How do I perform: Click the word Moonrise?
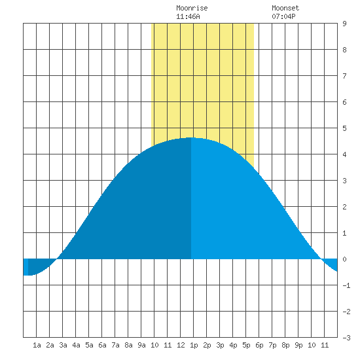(x=192, y=8)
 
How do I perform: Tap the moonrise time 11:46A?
(x=188, y=16)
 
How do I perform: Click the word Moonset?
(x=285, y=8)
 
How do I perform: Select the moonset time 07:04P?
(x=283, y=16)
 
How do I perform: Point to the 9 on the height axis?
(x=344, y=24)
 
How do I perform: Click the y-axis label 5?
(x=344, y=128)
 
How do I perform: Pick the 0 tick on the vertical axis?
(x=344, y=259)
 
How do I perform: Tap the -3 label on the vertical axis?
(x=346, y=338)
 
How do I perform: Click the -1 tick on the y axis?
(x=346, y=285)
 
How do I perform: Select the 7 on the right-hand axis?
(x=344, y=76)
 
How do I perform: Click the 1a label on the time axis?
(x=37, y=345)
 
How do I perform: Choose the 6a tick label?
(x=102, y=345)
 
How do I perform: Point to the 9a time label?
(x=141, y=345)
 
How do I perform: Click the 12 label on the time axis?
(x=181, y=345)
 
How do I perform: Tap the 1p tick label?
(x=194, y=345)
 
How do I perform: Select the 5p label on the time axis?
(x=246, y=345)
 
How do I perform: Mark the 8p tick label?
(x=285, y=345)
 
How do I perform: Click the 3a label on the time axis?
(x=63, y=345)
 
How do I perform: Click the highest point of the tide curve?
(x=191, y=137)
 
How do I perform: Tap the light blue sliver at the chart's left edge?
(x=26, y=267)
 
